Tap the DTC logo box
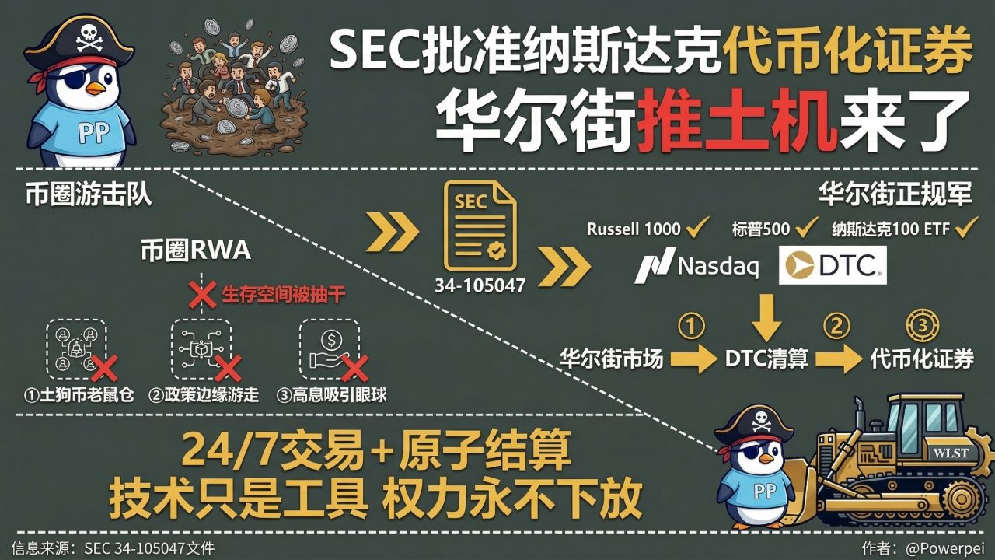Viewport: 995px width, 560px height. (x=833, y=265)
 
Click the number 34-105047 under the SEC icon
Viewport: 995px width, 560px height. (x=480, y=285)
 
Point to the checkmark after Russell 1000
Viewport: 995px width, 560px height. (x=697, y=228)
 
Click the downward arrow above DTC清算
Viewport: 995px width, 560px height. (x=766, y=316)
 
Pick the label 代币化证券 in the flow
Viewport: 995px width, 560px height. (x=922, y=359)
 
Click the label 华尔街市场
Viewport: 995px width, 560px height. (x=612, y=359)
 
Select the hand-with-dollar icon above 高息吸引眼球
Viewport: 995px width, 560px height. (x=330, y=348)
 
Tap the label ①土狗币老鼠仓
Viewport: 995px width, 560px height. (x=79, y=395)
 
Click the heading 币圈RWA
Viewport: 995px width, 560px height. (x=195, y=250)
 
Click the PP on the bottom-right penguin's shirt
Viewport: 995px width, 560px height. (x=743, y=491)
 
